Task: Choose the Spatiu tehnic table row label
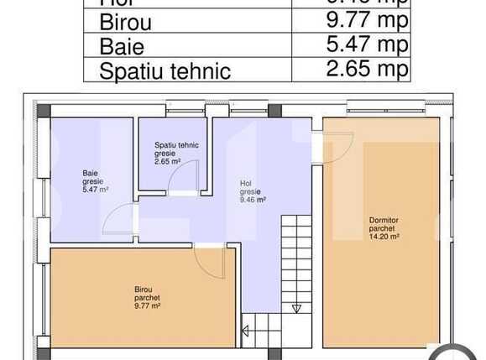click(x=165, y=70)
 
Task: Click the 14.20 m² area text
click(x=384, y=237)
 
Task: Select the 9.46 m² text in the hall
click(x=252, y=201)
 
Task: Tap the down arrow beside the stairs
click(x=296, y=308)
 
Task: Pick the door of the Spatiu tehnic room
click(x=186, y=179)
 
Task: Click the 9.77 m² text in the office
click(x=148, y=305)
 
